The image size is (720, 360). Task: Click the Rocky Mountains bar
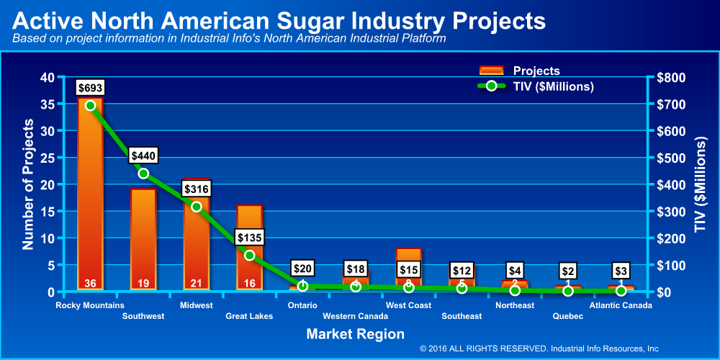tap(90, 194)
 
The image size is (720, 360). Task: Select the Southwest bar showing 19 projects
tap(143, 238)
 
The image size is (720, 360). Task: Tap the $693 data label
tap(90, 88)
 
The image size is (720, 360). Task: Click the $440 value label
tap(143, 156)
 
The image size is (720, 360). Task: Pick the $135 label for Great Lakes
tap(250, 237)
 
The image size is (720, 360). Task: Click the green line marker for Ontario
tap(302, 286)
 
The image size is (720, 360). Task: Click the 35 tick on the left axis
tap(46, 104)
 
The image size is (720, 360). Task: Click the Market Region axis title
tap(355, 334)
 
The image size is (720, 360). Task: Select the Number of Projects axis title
tap(28, 184)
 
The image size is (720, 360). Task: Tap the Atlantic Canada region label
tap(621, 305)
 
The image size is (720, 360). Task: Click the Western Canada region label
tap(355, 316)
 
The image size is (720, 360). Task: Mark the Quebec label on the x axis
tap(567, 316)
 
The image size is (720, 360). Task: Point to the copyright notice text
tap(539, 348)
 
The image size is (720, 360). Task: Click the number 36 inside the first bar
tap(90, 282)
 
